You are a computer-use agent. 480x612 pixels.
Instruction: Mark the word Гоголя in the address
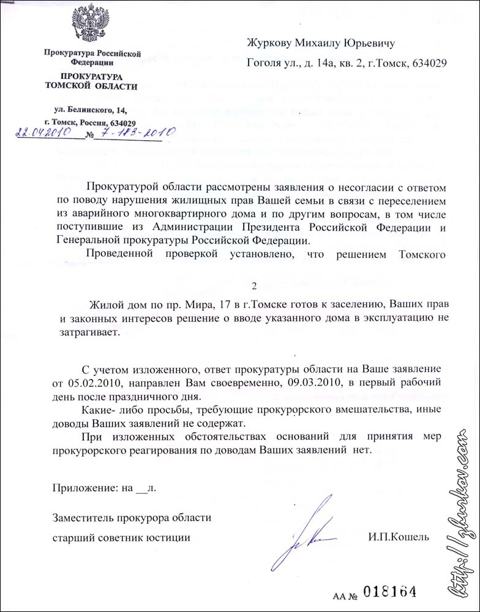click(x=264, y=62)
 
